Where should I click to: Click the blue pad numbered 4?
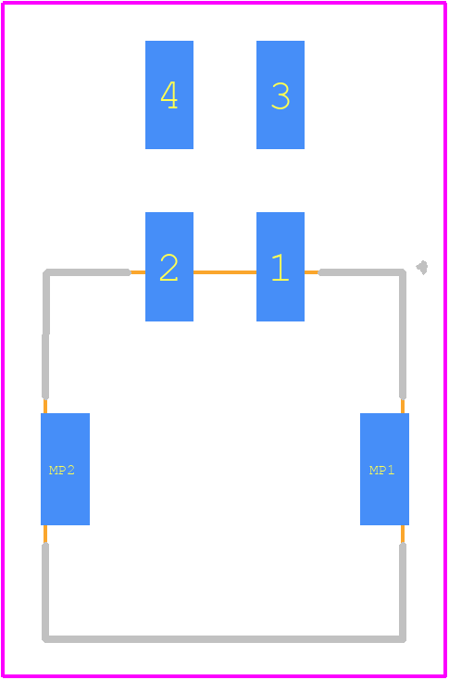point(169,95)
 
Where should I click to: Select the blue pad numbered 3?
point(281,95)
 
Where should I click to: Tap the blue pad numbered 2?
point(169,267)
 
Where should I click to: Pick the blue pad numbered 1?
point(281,267)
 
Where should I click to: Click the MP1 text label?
point(381,470)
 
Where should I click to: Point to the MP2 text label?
point(62,470)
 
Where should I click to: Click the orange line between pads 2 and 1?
point(225,272)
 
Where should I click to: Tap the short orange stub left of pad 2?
point(137,272)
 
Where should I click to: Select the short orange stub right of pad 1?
point(312,272)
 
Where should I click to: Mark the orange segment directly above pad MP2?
point(45,406)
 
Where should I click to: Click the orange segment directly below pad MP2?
point(45,535)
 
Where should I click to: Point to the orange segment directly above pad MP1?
point(403,406)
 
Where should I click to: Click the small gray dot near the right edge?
point(422,268)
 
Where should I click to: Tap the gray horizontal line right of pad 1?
point(362,272)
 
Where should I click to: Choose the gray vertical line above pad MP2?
point(45,334)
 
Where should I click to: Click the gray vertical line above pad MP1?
point(403,334)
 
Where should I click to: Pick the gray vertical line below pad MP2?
point(45,592)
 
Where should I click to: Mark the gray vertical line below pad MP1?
point(403,592)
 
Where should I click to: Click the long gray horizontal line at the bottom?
point(224,639)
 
